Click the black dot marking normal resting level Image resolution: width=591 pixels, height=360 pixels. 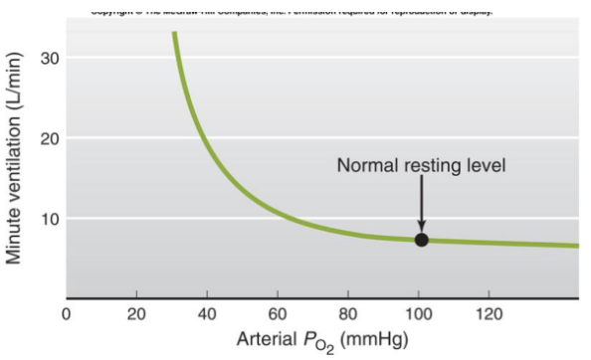coord(421,239)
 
